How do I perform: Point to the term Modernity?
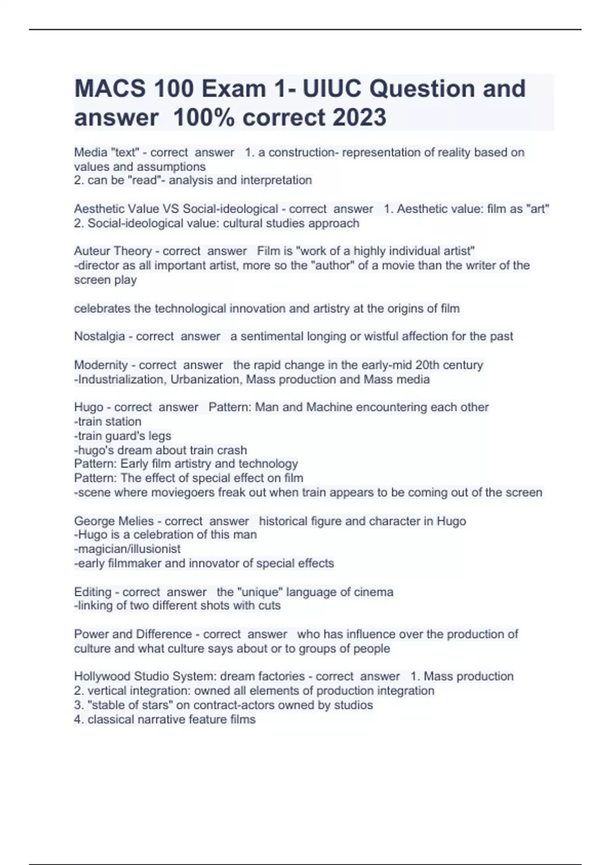coord(101,365)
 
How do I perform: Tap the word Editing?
coord(93,592)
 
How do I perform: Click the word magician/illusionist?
coord(127,549)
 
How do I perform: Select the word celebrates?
coord(102,308)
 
